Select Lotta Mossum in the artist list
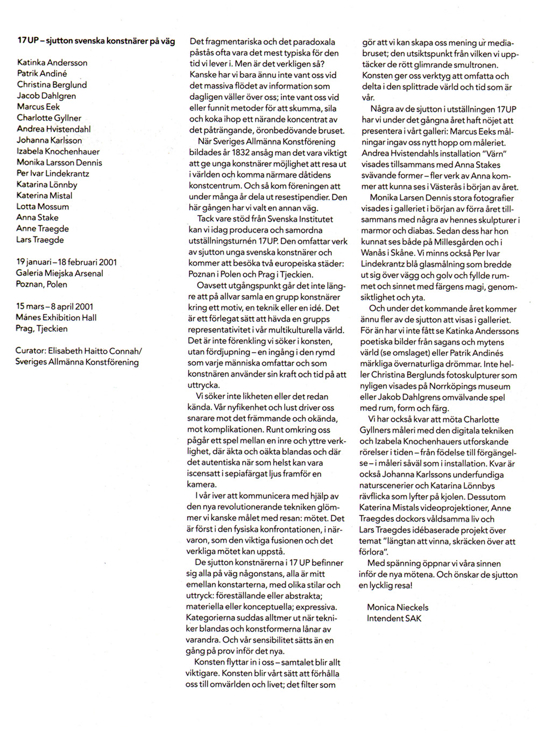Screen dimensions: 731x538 click(x=43, y=206)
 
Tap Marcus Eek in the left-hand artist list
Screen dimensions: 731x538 click(x=38, y=106)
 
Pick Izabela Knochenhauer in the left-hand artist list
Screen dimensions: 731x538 click(x=58, y=151)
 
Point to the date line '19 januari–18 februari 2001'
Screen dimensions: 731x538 click(x=66, y=262)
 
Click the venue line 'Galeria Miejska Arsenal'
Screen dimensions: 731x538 click(x=59, y=273)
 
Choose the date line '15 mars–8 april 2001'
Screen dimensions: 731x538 click(x=54, y=306)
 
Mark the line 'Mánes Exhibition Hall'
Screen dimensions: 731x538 click(x=56, y=317)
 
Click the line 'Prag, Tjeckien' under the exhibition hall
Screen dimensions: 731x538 click(x=41, y=328)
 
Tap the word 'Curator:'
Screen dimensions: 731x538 click(x=31, y=350)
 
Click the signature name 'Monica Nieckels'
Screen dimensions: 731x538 click(x=398, y=607)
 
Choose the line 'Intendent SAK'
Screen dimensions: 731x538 click(x=394, y=618)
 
